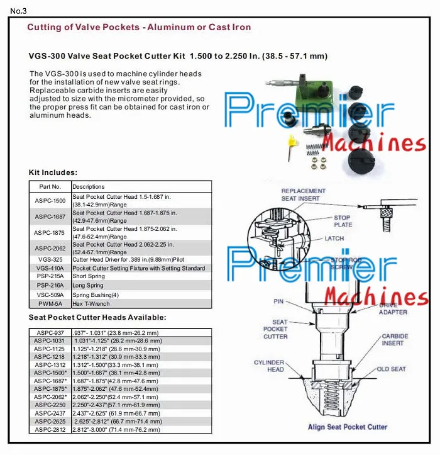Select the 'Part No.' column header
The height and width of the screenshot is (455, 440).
click(x=50, y=187)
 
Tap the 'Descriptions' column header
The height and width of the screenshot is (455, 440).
click(x=89, y=187)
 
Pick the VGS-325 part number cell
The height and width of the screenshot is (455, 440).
click(x=50, y=259)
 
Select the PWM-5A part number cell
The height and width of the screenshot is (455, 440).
click(x=50, y=303)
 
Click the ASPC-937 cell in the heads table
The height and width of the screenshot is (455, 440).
click(x=50, y=333)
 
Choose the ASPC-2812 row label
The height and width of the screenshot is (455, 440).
click(x=50, y=429)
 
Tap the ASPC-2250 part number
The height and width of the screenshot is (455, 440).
click(x=50, y=405)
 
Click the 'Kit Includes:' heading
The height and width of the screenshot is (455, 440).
click(x=53, y=172)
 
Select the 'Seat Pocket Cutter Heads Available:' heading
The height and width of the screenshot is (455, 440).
click(x=97, y=317)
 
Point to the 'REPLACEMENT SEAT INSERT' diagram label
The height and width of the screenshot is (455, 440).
click(x=303, y=194)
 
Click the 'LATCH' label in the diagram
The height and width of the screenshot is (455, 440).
click(x=334, y=239)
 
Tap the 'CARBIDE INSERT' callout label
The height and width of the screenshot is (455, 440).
click(x=395, y=340)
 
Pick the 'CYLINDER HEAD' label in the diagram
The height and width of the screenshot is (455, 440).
click(x=268, y=366)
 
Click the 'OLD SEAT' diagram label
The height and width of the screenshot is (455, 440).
click(x=391, y=369)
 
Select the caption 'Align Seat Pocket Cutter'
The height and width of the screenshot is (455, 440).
click(x=347, y=427)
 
